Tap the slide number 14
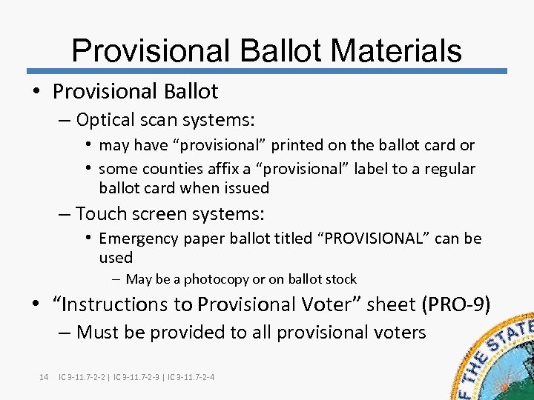click(x=43, y=378)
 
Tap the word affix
click(x=213, y=169)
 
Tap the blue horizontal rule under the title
click(x=267, y=72)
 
